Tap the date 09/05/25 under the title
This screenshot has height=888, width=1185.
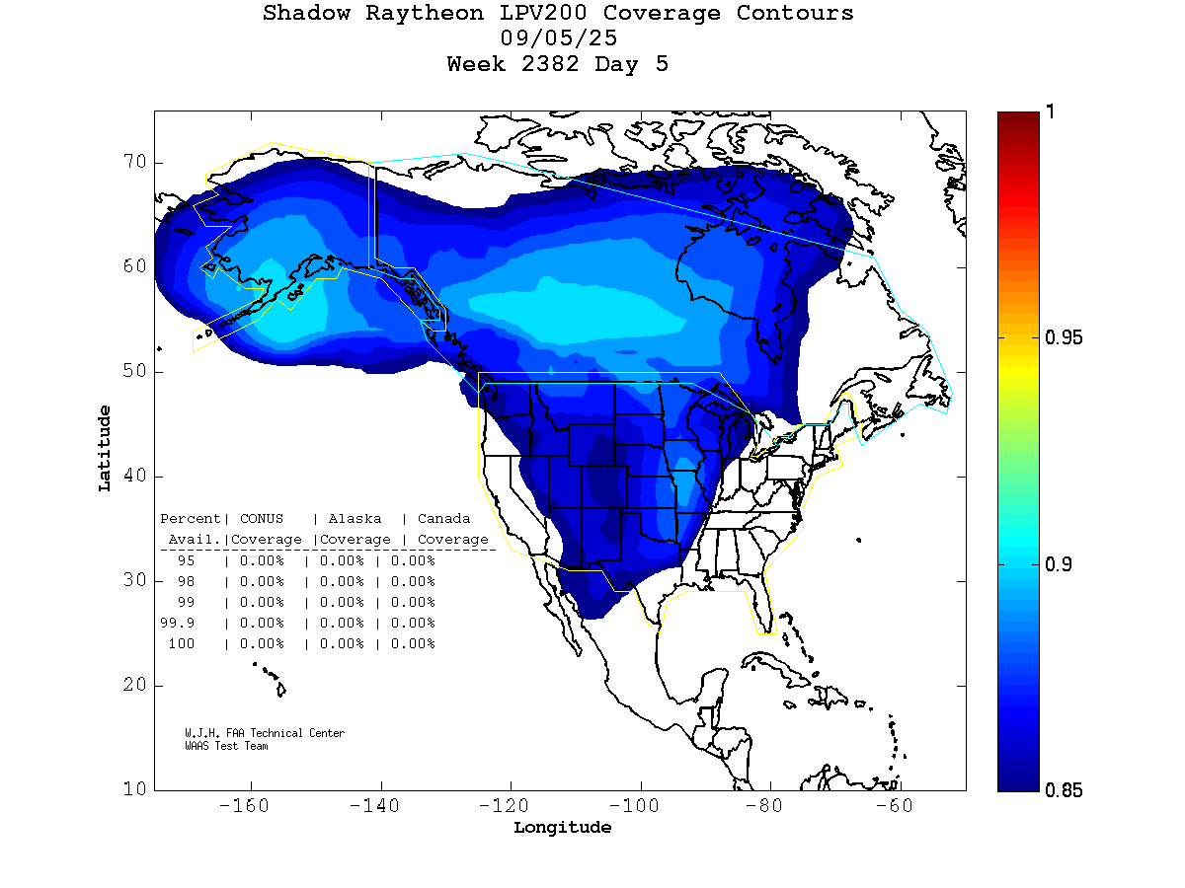(x=559, y=39)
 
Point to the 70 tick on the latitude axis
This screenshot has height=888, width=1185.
(x=134, y=162)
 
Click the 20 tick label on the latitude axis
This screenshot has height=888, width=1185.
(x=134, y=685)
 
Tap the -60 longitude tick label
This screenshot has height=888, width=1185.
(x=900, y=806)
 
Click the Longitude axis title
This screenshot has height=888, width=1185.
(x=562, y=828)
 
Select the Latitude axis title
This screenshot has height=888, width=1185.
(x=104, y=448)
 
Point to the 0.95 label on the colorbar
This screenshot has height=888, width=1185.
(x=1063, y=338)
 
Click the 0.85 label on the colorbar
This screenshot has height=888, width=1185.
(x=1063, y=789)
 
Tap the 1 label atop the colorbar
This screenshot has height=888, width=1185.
(x=1051, y=112)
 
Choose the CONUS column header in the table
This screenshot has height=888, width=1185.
(x=261, y=519)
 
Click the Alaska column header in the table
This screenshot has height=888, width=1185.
(x=355, y=519)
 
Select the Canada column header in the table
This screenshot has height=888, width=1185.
(x=443, y=519)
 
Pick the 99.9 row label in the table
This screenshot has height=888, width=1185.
(x=178, y=623)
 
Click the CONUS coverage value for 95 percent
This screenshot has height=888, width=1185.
(x=261, y=560)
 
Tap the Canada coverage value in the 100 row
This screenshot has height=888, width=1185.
(x=413, y=643)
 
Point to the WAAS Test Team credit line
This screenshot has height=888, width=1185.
(x=226, y=746)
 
